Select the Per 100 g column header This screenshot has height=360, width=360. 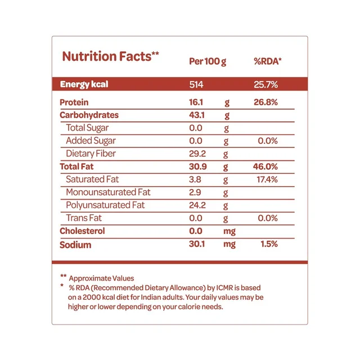[x=208, y=61]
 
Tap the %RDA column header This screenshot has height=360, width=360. [x=268, y=61]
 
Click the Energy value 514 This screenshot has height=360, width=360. [x=196, y=84]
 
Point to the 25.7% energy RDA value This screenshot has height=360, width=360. [x=265, y=84]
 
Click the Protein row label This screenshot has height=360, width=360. [x=74, y=102]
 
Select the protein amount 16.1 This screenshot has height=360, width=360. [x=196, y=102]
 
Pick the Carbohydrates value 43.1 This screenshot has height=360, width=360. [x=197, y=115]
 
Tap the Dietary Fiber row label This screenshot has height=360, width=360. [x=91, y=154]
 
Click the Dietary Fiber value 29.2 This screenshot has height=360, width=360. [x=197, y=154]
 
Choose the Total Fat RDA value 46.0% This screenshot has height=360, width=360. [x=265, y=166]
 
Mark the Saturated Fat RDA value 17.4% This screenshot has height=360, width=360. [x=267, y=179]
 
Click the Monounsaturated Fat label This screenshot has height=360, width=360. [x=108, y=192]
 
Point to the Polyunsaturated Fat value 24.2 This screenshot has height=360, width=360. [x=197, y=205]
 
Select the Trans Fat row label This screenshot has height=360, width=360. [x=84, y=218]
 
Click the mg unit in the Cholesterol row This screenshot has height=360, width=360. [x=229, y=231]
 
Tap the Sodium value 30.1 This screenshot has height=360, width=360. [x=197, y=244]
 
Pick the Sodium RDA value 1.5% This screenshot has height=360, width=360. [x=269, y=244]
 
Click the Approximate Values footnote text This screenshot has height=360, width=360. [x=101, y=278]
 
